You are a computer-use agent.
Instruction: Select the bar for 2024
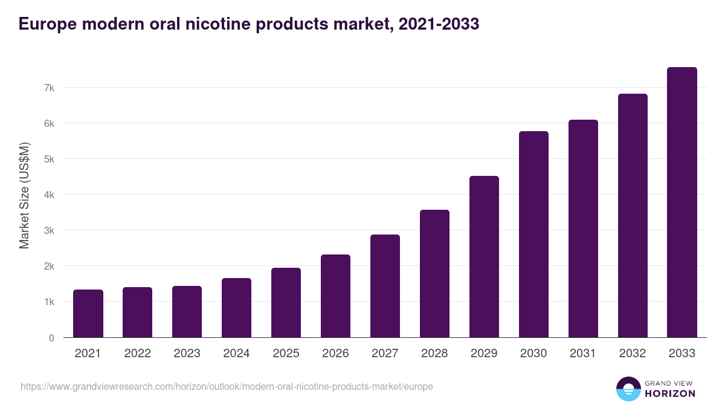click(236, 308)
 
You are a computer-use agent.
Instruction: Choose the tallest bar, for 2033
click(682, 202)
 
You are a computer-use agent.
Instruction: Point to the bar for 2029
click(484, 256)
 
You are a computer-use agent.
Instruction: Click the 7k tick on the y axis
click(49, 88)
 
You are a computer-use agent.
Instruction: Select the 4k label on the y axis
click(49, 195)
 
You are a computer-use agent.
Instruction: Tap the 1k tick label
click(49, 302)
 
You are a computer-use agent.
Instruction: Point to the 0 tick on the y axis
click(51, 338)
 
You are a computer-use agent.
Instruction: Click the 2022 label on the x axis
click(138, 354)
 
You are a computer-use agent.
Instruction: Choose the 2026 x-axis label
click(335, 354)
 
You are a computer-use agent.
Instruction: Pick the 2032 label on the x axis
click(633, 354)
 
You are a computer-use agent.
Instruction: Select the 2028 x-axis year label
click(434, 354)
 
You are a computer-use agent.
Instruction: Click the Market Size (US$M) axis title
click(24, 195)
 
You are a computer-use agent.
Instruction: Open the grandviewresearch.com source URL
click(227, 386)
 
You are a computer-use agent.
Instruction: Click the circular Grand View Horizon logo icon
click(628, 389)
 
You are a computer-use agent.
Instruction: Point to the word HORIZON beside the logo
click(669, 393)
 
